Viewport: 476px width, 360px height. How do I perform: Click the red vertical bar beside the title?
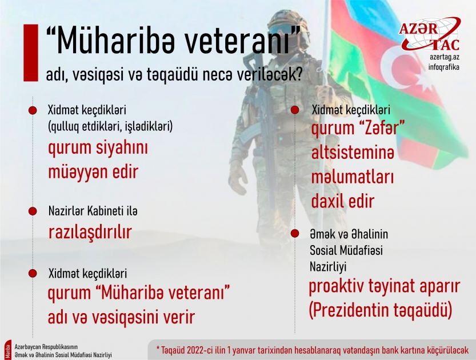point(26,52)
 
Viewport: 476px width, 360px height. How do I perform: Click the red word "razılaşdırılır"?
point(90,232)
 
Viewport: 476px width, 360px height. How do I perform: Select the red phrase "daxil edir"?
point(342,201)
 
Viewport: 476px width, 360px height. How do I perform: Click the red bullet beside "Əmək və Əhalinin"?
point(295,234)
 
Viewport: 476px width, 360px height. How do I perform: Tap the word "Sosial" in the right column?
point(323,250)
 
